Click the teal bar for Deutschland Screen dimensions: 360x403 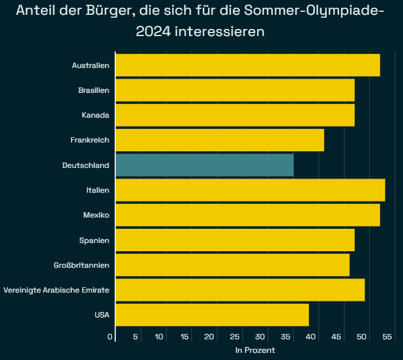click(x=204, y=165)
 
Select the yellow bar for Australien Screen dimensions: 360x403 click(x=248, y=65)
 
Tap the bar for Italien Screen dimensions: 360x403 click(x=250, y=190)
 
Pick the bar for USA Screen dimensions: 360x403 click(x=212, y=314)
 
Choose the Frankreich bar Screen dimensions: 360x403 click(x=220, y=140)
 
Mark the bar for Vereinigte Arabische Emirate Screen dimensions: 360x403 click(x=240, y=290)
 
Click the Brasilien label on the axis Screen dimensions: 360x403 click(x=93, y=90)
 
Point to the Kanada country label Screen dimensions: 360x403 click(x=95, y=115)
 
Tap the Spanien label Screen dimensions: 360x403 click(x=94, y=240)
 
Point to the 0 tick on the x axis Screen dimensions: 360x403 click(x=110, y=336)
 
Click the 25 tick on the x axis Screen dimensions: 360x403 click(x=235, y=336)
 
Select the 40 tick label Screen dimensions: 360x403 click(x=311, y=336)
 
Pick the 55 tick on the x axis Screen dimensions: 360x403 click(x=387, y=336)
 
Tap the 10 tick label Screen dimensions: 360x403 click(x=159, y=336)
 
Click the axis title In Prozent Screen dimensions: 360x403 click(x=255, y=350)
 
